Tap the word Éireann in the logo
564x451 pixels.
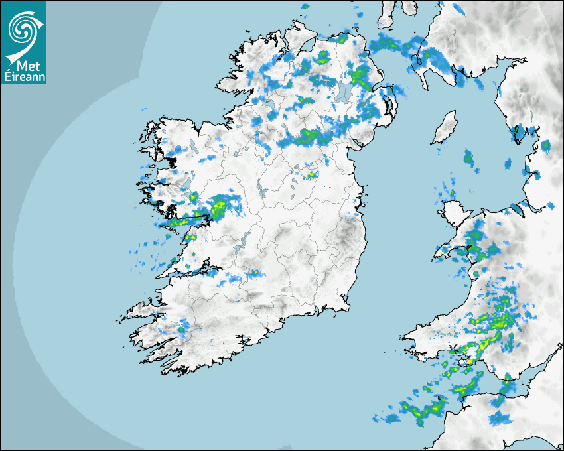click(23, 76)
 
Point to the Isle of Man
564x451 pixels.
click(445, 127)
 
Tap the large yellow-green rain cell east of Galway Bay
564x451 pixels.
click(218, 208)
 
